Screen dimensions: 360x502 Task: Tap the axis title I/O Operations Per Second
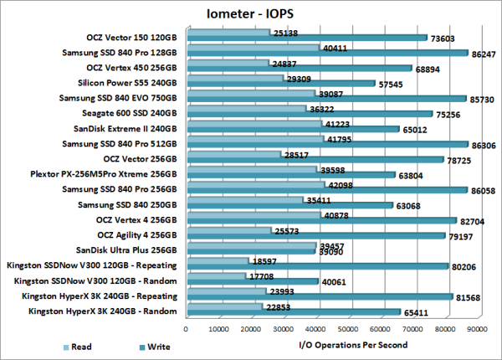pos(352,344)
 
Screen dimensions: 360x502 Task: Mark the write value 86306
pos(483,144)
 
